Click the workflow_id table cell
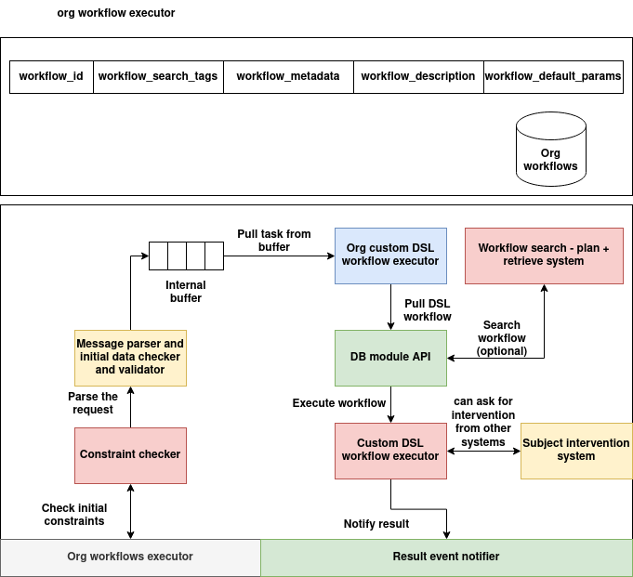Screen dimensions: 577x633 pos(51,76)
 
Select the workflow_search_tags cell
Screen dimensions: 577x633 pos(158,76)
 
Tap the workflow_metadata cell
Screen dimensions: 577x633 pos(288,76)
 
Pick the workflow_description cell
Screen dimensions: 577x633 pos(418,76)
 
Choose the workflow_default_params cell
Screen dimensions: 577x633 pos(553,76)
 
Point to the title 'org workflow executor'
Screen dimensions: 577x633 pos(116,13)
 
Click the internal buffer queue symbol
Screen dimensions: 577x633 pos(186,254)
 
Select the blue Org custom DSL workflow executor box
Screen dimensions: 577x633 pos(390,255)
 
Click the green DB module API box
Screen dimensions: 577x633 pos(390,358)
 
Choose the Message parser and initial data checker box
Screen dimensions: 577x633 pos(130,357)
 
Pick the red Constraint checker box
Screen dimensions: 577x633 pos(130,454)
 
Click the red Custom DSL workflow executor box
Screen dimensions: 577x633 pos(390,450)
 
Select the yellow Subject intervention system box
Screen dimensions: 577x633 pos(576,450)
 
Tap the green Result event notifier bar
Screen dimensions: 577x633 pos(446,557)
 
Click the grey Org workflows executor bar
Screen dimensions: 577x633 pos(130,557)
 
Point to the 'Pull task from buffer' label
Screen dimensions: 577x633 pos(273,241)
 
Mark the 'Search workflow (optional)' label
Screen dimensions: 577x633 pos(501,338)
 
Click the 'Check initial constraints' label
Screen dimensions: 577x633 pos(74,515)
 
